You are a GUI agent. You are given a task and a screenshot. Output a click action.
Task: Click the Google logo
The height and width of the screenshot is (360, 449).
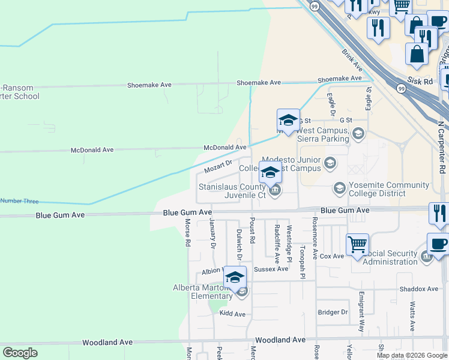[x=20, y=353]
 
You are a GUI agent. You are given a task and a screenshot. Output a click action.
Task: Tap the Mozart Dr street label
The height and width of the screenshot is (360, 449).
[x=218, y=166]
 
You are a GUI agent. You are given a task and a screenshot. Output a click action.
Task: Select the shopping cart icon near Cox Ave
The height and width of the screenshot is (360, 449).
[x=357, y=244]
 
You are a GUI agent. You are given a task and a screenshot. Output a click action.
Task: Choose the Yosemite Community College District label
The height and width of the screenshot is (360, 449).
[x=390, y=189]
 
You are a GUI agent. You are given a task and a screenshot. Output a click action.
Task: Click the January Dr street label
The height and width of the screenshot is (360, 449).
[x=212, y=233]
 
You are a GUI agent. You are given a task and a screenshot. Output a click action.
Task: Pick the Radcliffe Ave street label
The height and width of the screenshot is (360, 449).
[x=277, y=244]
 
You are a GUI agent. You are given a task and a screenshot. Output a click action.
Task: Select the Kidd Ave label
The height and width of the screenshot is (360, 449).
[x=232, y=314]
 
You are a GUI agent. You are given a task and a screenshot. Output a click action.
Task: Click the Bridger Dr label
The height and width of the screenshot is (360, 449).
[x=333, y=312]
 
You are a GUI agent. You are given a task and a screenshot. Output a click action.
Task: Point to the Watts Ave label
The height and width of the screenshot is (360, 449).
[x=412, y=317]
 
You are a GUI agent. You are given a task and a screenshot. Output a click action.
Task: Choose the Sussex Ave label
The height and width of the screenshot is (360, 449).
[x=271, y=269]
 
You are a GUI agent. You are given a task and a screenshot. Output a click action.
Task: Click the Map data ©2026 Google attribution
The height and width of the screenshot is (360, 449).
[x=412, y=355]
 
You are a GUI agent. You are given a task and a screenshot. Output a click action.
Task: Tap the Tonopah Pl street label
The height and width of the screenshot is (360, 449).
[x=303, y=262]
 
